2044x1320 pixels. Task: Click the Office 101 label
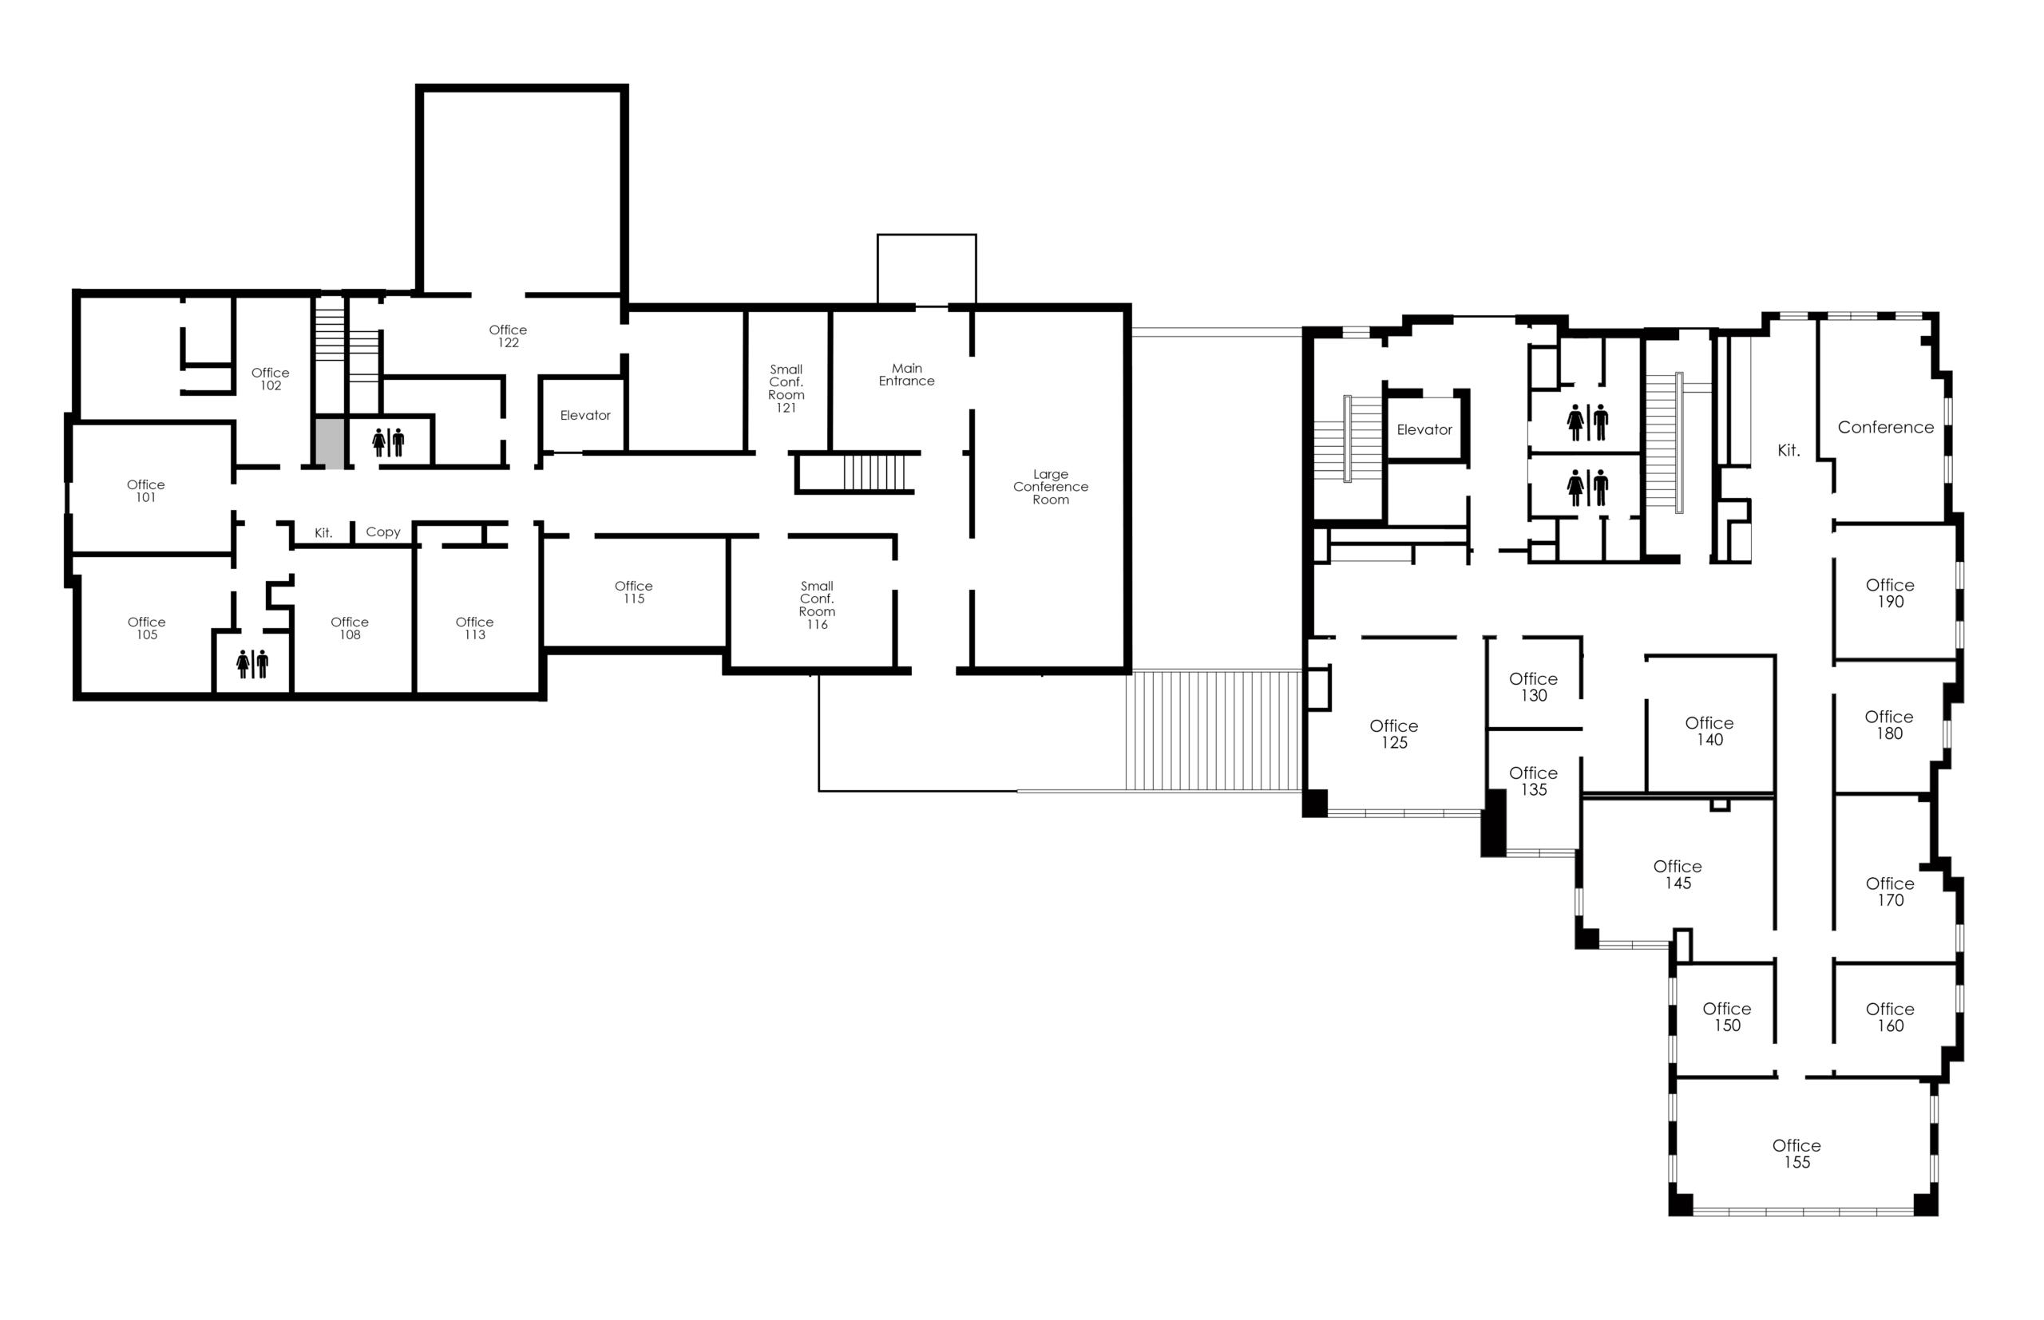(x=146, y=491)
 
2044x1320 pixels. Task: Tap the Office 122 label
(x=508, y=336)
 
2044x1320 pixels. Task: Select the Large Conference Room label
(x=1050, y=487)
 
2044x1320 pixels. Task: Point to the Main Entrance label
(x=906, y=374)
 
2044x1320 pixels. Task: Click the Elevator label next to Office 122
(x=584, y=415)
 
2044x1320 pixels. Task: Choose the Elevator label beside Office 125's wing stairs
(x=1424, y=429)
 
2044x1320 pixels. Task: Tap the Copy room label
(x=383, y=532)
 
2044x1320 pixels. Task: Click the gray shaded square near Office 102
(x=330, y=443)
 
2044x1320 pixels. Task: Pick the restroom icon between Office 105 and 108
(x=252, y=663)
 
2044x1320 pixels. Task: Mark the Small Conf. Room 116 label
(x=816, y=605)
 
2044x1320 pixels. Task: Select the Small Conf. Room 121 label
(x=786, y=389)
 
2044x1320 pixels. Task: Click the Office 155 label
(x=1796, y=1154)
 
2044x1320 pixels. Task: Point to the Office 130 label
(x=1533, y=687)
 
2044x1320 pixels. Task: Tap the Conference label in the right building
(x=1885, y=427)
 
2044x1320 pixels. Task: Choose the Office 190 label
(x=1890, y=593)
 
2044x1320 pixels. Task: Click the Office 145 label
(x=1677, y=875)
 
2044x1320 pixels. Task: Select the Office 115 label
(x=634, y=592)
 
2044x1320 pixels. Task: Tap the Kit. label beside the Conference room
(x=1788, y=450)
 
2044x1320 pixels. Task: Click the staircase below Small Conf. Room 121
(x=873, y=472)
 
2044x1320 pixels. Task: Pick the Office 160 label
(x=1890, y=1017)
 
